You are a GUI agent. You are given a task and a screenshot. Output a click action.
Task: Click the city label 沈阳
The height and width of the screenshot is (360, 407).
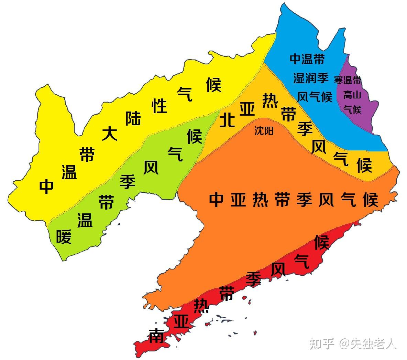coord(264,131)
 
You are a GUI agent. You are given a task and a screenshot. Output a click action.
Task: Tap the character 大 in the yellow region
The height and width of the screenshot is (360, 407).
coord(110,134)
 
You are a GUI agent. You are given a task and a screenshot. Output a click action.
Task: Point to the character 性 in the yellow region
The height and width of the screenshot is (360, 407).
coord(159,106)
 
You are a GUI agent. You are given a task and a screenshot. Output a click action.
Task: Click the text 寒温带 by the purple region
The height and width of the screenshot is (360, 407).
coord(348,80)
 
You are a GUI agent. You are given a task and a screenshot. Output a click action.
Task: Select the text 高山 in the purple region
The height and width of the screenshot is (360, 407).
coord(352,95)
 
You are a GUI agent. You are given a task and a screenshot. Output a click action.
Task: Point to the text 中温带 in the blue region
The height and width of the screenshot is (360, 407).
coord(307,59)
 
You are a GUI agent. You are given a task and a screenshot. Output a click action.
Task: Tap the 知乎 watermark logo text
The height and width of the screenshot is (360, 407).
coord(322,343)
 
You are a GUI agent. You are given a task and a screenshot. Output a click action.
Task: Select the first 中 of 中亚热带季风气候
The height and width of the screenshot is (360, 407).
coord(217,199)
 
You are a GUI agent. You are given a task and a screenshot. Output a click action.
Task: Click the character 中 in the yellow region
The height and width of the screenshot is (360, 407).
coord(46,186)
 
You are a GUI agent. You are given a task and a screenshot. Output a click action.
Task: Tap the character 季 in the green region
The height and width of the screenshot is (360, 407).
coord(128,181)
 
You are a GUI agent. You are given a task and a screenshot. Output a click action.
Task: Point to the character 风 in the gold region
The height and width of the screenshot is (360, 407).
coord(319,147)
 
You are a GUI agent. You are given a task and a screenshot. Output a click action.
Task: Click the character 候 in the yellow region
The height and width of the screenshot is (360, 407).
coord(213,85)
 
